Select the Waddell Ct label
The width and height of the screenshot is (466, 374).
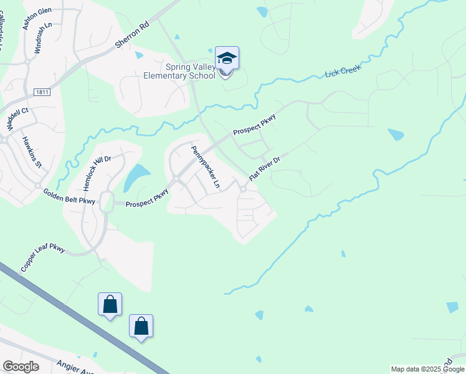(x=18, y=118)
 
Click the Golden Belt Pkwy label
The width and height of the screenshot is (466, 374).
(x=69, y=197)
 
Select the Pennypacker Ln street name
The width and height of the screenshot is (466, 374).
(x=206, y=167)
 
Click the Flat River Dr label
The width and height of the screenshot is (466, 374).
(x=265, y=168)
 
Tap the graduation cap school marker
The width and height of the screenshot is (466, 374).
(x=227, y=59)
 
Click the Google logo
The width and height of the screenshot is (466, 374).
(x=21, y=367)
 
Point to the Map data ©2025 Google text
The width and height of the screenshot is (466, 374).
(x=427, y=369)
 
